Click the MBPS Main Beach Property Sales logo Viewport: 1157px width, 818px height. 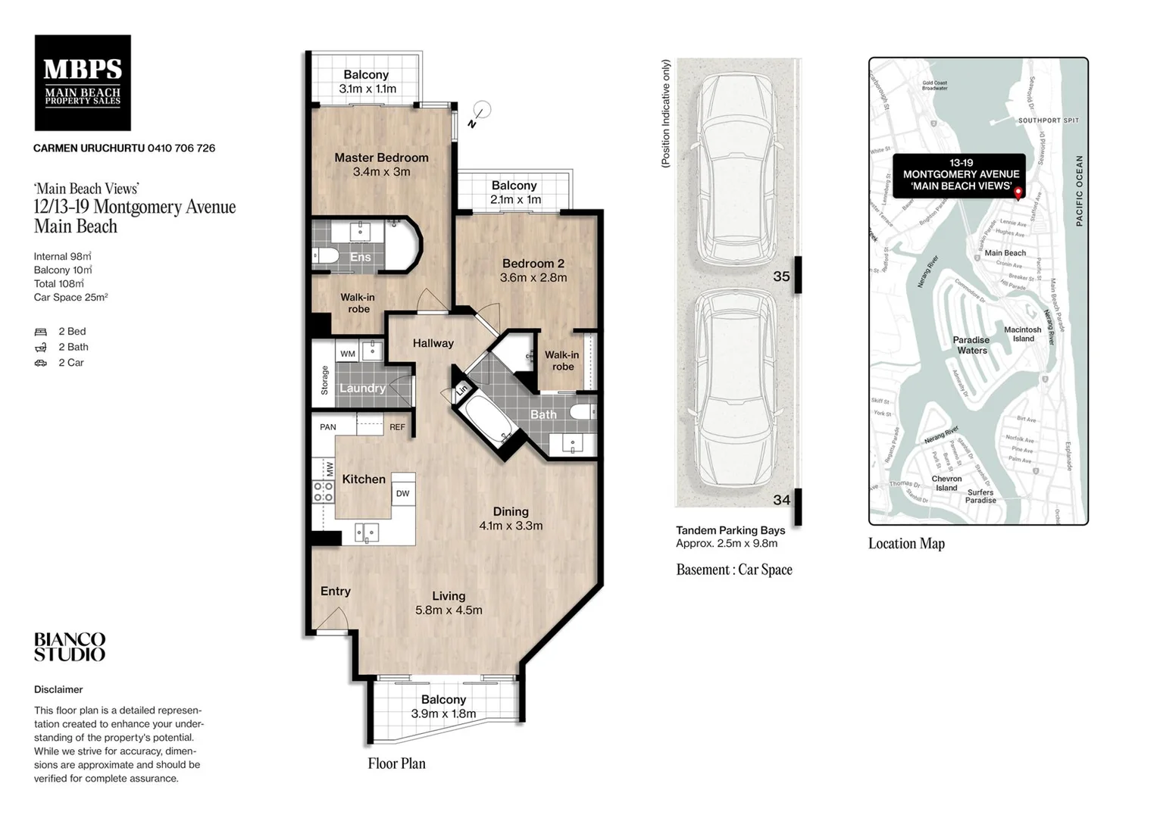[x=83, y=83]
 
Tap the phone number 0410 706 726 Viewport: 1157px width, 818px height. [x=181, y=148]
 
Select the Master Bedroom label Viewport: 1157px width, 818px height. [x=381, y=158]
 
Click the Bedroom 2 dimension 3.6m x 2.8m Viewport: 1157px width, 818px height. [x=533, y=278]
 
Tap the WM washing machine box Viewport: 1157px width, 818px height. [x=347, y=353]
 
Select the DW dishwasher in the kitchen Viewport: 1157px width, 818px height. [x=402, y=493]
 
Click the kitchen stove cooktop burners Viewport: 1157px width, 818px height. [x=324, y=492]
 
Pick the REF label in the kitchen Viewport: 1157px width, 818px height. [x=397, y=427]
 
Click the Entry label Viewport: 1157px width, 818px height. [x=335, y=592]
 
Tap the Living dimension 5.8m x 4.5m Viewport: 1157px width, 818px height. [x=449, y=610]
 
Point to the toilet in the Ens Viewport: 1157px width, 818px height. [x=327, y=254]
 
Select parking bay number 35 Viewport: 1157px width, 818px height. [x=781, y=276]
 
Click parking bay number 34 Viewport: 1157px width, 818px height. [x=781, y=500]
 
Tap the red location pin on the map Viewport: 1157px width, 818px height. [x=1018, y=192]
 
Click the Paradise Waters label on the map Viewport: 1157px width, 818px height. [x=971, y=345]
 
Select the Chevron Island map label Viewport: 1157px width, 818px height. [x=946, y=483]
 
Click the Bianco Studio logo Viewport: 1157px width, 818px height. [x=70, y=648]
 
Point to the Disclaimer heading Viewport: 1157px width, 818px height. [x=58, y=689]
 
